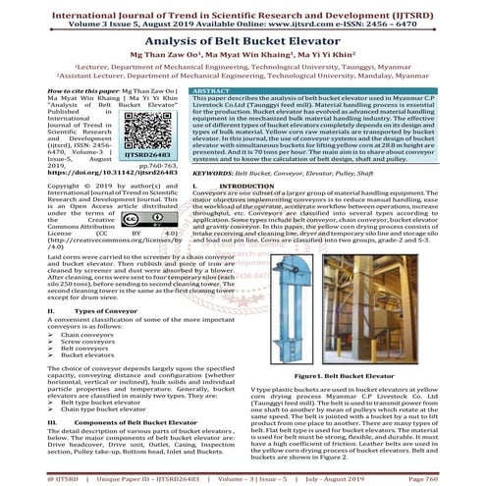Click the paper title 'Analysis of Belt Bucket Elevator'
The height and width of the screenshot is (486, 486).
point(243,43)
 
